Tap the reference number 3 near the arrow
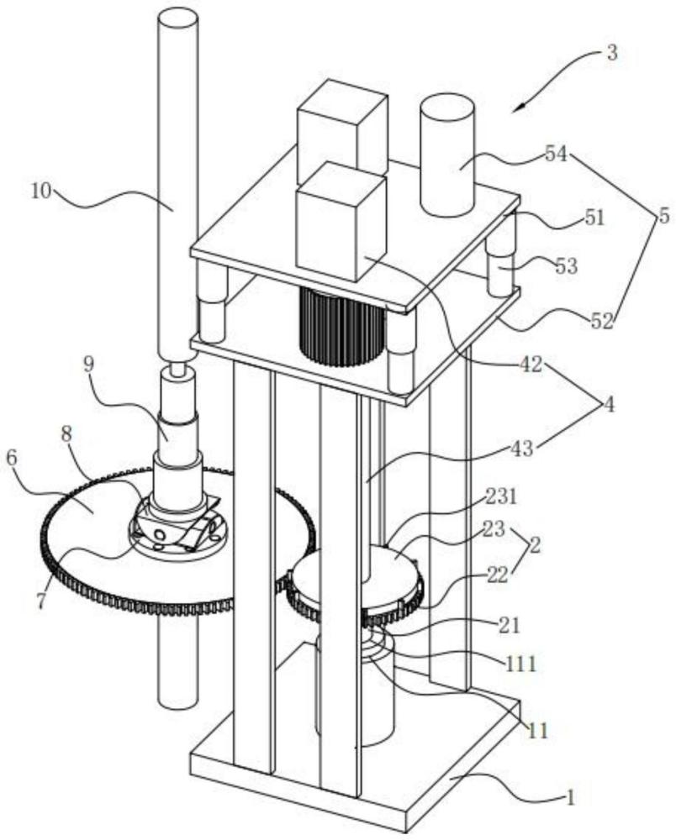611,53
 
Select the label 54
556,155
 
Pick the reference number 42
533,365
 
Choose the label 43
523,449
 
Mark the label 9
89,365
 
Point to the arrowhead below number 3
521,107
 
